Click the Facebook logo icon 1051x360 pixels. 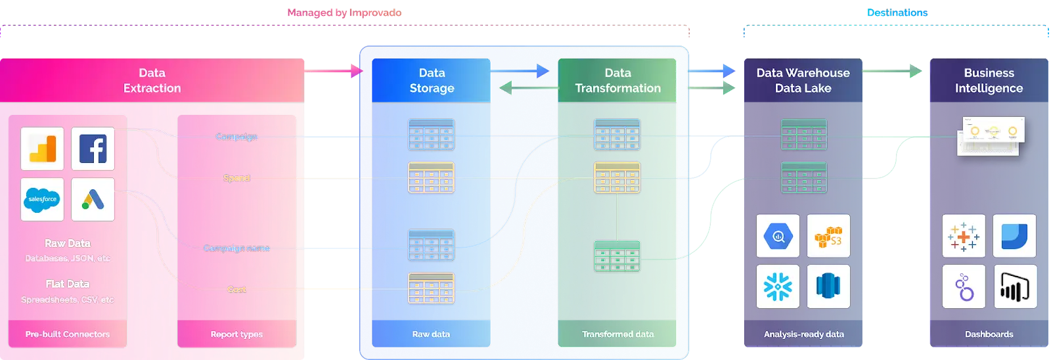93,149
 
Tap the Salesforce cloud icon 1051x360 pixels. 42,199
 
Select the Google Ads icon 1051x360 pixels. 93,199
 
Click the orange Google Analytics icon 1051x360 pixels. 42,149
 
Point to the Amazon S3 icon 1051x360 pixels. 828,236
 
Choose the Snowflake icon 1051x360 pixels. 778,286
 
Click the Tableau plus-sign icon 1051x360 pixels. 964,236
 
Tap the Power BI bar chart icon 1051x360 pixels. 1015,286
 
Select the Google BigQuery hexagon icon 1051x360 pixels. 778,236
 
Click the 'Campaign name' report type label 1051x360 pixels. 236,248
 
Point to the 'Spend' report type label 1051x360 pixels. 236,178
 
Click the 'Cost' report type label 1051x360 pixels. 236,290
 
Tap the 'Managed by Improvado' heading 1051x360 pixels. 344,12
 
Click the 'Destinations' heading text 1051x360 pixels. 897,12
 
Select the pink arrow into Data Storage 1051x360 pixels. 335,71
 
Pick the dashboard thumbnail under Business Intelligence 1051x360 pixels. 991,136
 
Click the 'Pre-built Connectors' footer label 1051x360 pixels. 68,334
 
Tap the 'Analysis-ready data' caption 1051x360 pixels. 803,334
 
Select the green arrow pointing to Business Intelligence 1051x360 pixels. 893,71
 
